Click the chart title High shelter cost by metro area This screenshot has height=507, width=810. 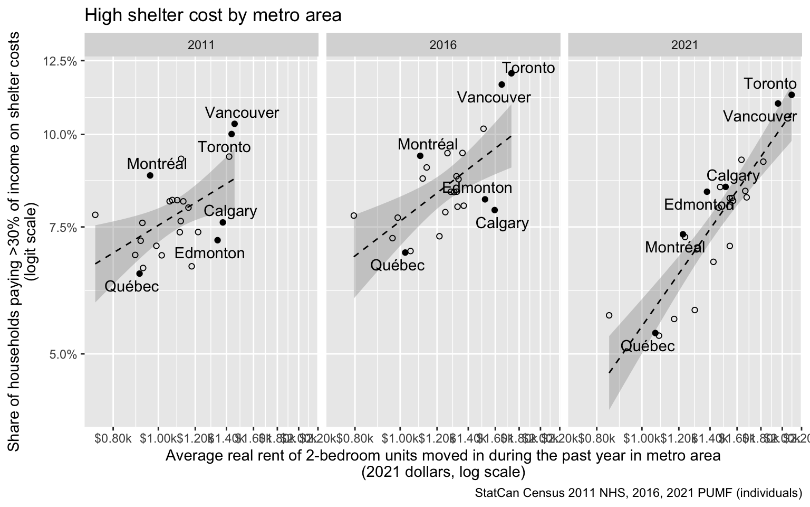click(213, 15)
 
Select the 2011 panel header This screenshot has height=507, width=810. click(201, 45)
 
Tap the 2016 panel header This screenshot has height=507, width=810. click(443, 45)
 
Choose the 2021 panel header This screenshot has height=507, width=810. click(684, 45)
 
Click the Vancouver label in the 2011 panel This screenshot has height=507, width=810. click(242, 112)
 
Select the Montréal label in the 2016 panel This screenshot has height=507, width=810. click(428, 144)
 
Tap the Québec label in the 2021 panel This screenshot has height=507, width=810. click(648, 346)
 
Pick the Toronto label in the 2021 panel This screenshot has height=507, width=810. click(770, 83)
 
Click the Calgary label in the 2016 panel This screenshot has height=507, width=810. click(502, 223)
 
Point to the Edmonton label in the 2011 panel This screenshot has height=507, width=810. click(210, 253)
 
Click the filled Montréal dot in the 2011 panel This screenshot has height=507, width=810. click(150, 175)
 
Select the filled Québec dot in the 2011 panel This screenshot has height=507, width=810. click(139, 274)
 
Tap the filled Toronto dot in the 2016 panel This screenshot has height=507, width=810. click(511, 73)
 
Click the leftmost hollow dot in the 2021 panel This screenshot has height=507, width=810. click(609, 315)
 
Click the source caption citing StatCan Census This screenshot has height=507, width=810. click(638, 494)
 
